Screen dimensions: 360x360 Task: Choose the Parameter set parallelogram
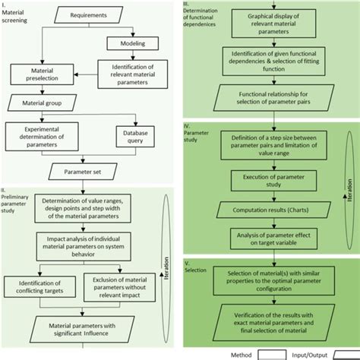point(85,171)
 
